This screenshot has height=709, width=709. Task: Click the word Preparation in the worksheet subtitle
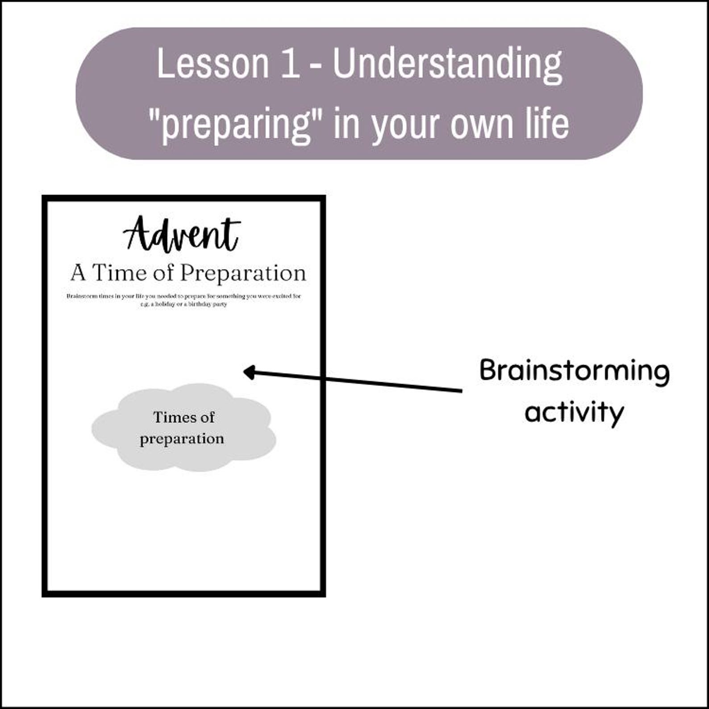tap(243, 273)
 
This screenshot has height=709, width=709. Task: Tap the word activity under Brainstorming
tap(574, 412)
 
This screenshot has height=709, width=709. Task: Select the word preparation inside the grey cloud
tap(182, 439)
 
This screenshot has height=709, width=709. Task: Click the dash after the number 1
tap(315, 67)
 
